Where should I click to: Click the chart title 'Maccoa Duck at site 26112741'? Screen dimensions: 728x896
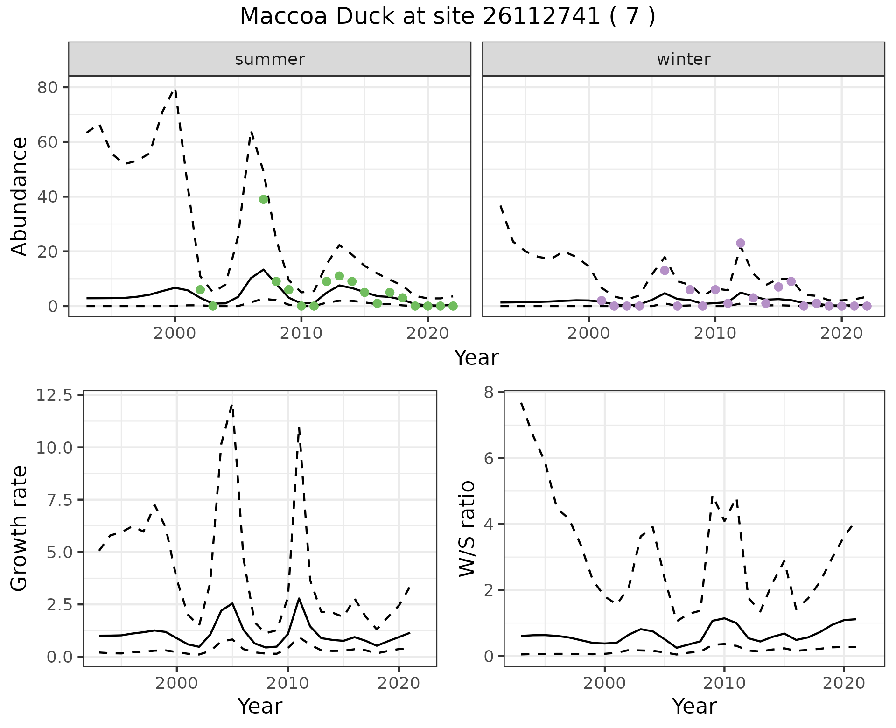447,17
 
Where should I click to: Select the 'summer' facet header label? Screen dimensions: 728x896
270,59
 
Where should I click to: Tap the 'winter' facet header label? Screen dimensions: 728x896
683,59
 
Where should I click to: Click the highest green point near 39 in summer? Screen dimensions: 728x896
264,199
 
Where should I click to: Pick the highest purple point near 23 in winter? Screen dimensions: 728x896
741,243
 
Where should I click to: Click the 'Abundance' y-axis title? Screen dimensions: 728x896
20,196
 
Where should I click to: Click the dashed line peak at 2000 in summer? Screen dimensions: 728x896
175,89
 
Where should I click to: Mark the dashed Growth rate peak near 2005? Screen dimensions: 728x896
232,405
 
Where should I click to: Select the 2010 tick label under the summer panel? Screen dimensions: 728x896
301,334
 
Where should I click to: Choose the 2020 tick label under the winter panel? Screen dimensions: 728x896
842,334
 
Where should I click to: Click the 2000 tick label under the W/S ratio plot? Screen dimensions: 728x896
604,684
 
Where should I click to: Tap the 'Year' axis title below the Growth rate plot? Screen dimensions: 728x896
260,706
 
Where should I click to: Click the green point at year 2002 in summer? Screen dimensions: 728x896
200,290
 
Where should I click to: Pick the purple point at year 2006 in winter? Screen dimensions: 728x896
665,271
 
